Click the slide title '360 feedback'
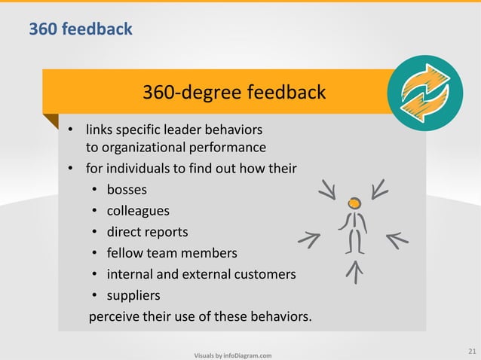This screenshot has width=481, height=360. point(81,29)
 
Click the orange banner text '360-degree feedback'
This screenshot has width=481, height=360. point(234,93)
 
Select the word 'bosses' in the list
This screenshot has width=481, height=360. point(127,189)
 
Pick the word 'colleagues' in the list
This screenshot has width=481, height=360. point(138,210)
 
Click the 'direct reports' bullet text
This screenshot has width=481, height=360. point(147,231)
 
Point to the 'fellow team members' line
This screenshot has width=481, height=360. point(172,252)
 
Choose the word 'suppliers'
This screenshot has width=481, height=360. point(133,295)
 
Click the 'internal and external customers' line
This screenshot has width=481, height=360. point(201,274)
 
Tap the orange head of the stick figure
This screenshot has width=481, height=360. point(354,203)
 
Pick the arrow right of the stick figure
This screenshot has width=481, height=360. point(397,239)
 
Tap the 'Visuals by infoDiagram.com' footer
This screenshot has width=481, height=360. point(233,355)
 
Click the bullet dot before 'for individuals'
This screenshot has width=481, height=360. point(70,168)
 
